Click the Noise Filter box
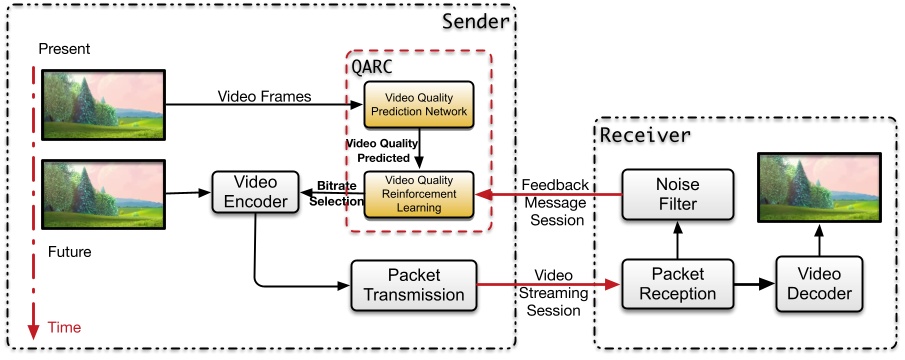point(676,193)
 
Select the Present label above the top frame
point(63,48)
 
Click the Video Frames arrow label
point(264,96)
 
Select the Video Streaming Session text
point(553,291)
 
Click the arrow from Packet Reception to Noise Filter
point(676,240)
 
